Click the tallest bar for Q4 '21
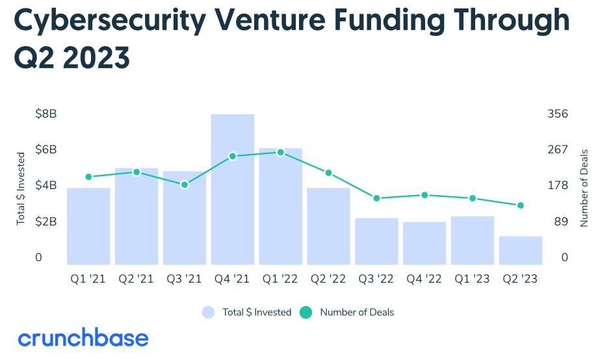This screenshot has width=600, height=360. click(232, 189)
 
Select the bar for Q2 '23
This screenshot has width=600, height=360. click(521, 250)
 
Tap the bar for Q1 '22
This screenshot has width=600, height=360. click(280, 206)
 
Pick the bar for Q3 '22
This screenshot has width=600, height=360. click(376, 241)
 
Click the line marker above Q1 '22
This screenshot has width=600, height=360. click(280, 152)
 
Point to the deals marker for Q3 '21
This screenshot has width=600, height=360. click(185, 185)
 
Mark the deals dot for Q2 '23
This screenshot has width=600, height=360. click(521, 205)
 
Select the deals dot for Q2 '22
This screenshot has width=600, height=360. click(328, 173)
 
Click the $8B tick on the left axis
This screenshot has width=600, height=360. click(46, 114)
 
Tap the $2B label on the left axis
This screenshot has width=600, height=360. click(46, 222)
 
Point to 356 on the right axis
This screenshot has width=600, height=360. click(558, 114)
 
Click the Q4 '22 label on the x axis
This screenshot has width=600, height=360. click(424, 279)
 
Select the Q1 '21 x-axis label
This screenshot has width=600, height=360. click(88, 279)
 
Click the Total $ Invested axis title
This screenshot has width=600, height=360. click(21, 188)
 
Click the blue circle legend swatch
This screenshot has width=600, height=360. click(208, 313)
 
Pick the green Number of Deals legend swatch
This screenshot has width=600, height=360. click(306, 313)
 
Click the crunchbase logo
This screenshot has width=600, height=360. click(83, 338)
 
